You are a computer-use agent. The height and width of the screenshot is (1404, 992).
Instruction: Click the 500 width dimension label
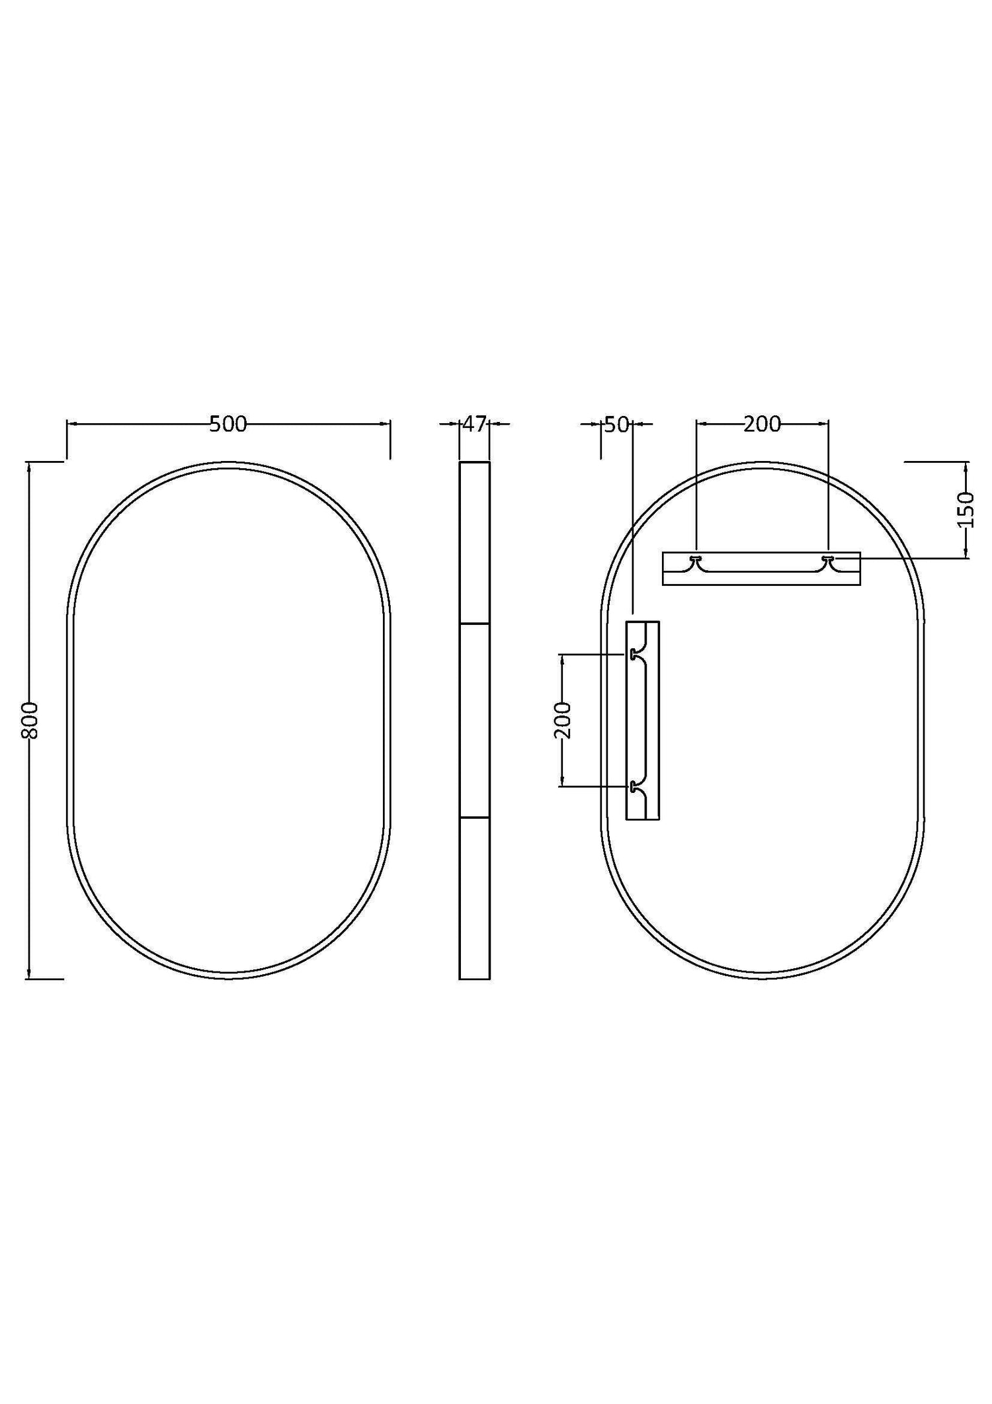[x=228, y=424]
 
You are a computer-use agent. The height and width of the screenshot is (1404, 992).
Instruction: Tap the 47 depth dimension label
[x=474, y=424]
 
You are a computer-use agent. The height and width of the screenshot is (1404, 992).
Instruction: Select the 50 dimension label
[x=616, y=425]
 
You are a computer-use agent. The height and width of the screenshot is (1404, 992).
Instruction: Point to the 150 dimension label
[x=966, y=510]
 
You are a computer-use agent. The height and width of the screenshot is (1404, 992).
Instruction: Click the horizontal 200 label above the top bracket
[x=763, y=424]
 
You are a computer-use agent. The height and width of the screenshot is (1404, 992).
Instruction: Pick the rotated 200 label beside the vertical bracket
[x=563, y=720]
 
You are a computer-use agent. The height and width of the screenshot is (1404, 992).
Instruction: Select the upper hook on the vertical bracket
[x=635, y=654]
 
